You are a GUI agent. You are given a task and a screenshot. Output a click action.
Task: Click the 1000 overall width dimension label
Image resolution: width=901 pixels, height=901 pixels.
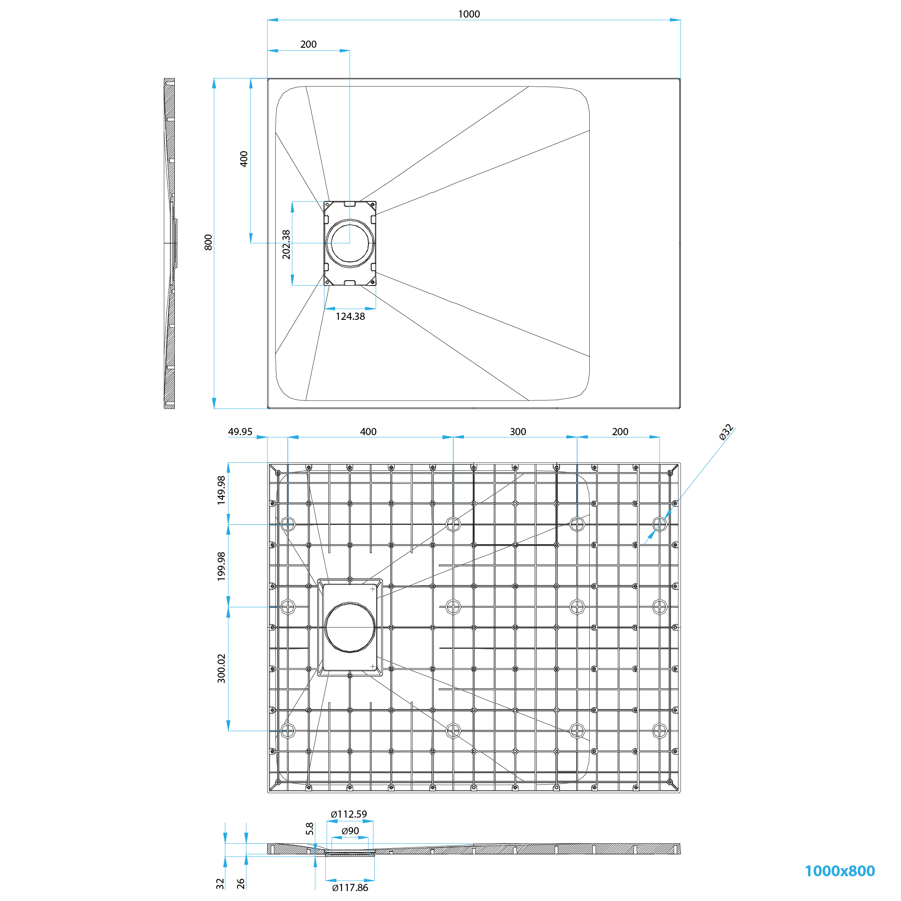[x=469, y=14]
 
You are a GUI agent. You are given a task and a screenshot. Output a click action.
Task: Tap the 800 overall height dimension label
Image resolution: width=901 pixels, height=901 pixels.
[x=209, y=242]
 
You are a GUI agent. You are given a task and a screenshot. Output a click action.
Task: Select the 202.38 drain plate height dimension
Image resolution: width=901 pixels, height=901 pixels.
[x=287, y=244]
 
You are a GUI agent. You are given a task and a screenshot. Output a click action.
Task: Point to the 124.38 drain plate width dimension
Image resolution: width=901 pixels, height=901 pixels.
[x=350, y=316]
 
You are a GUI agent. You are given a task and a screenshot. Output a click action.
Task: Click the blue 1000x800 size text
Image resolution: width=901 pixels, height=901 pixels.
[x=839, y=871]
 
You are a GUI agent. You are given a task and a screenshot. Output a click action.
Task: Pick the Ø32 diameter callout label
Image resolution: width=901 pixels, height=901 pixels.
[x=726, y=432]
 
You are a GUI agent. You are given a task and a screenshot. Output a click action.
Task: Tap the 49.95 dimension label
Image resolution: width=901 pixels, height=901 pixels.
[x=240, y=432]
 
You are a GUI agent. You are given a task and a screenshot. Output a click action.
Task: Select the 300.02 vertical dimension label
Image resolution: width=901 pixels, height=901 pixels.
[x=221, y=668]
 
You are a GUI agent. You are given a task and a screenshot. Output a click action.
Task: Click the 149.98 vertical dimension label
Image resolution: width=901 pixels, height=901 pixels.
[x=221, y=490]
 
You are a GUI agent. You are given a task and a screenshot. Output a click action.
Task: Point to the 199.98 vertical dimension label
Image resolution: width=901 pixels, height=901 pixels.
[x=221, y=566]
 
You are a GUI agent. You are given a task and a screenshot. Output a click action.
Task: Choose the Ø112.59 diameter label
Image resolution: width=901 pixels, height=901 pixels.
[x=349, y=814]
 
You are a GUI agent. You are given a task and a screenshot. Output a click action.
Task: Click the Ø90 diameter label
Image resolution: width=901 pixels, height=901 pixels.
[x=350, y=831]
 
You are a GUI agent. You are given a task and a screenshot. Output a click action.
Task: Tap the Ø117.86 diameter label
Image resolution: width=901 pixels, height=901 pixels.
[x=350, y=887]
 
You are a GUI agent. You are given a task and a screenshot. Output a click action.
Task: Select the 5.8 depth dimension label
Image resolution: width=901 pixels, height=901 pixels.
[x=309, y=828]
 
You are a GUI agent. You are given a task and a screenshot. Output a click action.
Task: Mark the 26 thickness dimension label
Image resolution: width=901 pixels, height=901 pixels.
[x=241, y=883]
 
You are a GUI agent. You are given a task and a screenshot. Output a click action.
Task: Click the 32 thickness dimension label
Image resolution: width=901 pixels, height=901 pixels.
[x=220, y=883]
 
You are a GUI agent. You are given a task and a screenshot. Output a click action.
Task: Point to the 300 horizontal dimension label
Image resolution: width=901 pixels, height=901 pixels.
[x=518, y=432]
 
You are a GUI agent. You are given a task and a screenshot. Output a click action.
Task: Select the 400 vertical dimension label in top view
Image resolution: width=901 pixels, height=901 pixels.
[x=244, y=159]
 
